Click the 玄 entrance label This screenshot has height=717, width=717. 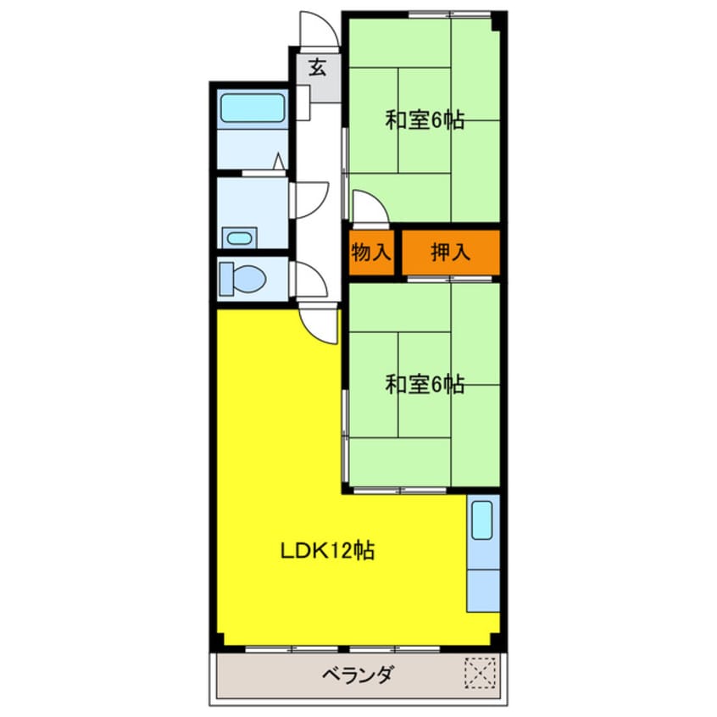tap(317, 68)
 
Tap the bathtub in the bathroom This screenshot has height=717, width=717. tap(253, 109)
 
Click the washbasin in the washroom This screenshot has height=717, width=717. tap(240, 237)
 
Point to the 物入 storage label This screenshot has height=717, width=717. tap(370, 252)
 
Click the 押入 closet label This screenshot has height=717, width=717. tap(449, 252)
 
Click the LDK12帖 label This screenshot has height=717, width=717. tap(328, 551)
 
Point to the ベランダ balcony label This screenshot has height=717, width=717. tap(358, 675)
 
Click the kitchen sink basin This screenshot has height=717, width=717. tap(481, 520)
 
